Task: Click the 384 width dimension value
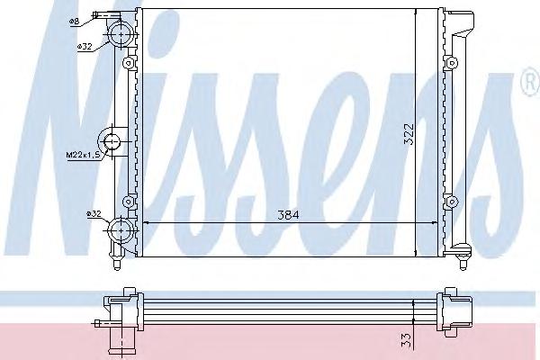pyautogui.click(x=289, y=215)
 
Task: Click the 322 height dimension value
pyautogui.click(x=409, y=134)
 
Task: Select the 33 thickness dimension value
pyautogui.click(x=407, y=340)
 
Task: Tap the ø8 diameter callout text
pyautogui.click(x=75, y=22)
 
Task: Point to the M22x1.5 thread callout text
pyautogui.click(x=84, y=156)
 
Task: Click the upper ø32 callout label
pyautogui.click(x=85, y=46)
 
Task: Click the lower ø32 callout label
pyautogui.click(x=94, y=214)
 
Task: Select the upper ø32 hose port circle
pyautogui.click(x=121, y=34)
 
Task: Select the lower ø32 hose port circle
pyautogui.click(x=121, y=230)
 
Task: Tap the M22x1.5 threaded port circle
pyautogui.click(x=111, y=141)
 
